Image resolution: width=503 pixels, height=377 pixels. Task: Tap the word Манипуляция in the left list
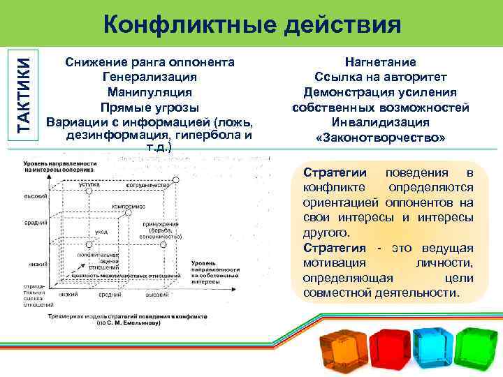click(149, 91)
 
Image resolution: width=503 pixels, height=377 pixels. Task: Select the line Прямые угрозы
click(149, 107)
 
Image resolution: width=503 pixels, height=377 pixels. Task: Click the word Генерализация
click(149, 76)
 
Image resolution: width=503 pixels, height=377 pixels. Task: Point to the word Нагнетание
click(380, 62)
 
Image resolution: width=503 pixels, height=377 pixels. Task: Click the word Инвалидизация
click(380, 123)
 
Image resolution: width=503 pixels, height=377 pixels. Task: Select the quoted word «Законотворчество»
click(380, 138)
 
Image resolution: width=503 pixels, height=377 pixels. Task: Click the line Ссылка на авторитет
click(380, 77)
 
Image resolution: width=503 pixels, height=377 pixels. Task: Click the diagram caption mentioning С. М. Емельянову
click(128, 322)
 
